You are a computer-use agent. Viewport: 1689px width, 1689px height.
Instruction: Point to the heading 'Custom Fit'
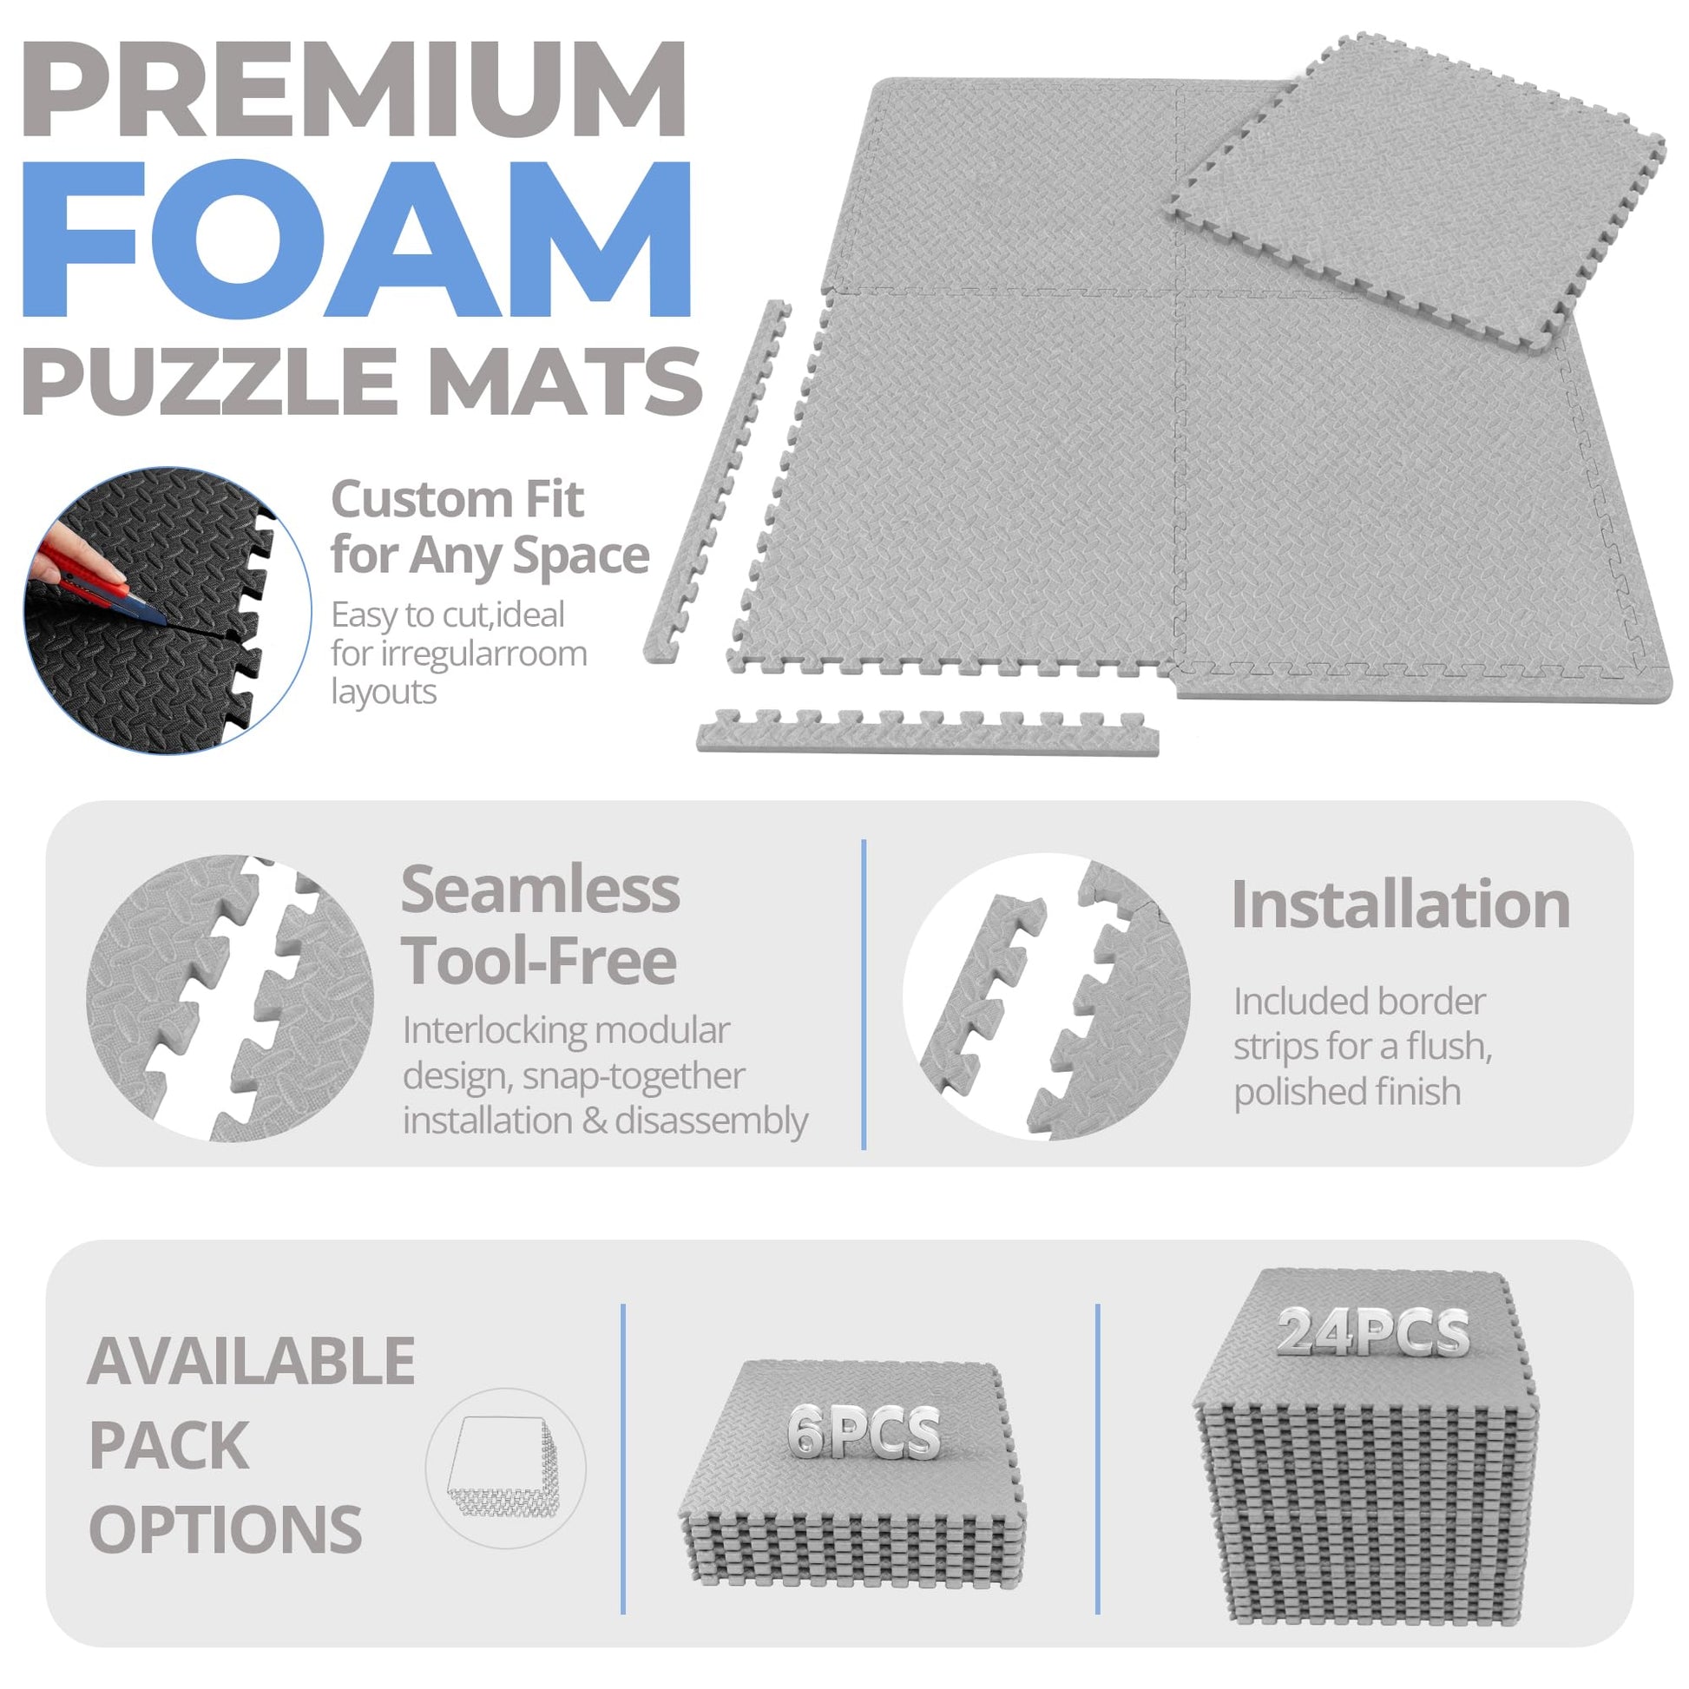pyautogui.click(x=457, y=499)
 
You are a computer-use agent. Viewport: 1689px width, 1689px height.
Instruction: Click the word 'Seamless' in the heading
pyautogui.click(x=540, y=889)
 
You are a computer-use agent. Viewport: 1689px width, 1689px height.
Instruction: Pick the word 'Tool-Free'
pyautogui.click(x=539, y=961)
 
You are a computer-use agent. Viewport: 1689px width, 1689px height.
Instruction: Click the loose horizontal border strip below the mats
pyautogui.click(x=928, y=732)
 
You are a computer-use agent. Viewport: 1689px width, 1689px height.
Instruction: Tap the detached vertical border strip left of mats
pyautogui.click(x=718, y=481)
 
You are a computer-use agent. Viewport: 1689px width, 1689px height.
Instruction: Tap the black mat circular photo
pyautogui.click(x=167, y=610)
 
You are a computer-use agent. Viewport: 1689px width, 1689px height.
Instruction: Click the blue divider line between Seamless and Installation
pyautogui.click(x=864, y=994)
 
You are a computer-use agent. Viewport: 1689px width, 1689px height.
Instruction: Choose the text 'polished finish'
pyautogui.click(x=1347, y=1092)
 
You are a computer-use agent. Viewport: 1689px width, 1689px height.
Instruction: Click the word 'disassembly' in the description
pyautogui.click(x=713, y=1121)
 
